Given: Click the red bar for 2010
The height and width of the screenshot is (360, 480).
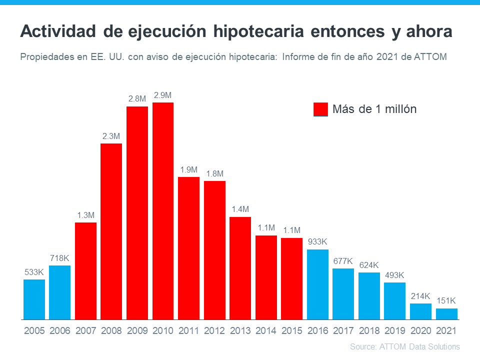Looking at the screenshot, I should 163,210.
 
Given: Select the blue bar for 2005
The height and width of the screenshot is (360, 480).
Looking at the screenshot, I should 34,299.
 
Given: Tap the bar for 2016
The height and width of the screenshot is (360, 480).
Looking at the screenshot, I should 317,284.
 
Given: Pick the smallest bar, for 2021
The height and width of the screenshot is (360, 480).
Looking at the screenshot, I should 446,313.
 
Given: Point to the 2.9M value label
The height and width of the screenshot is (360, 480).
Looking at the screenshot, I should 163,95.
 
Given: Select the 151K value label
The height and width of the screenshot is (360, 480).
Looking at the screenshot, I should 446,301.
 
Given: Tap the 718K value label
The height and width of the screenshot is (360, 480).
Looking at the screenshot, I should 59,258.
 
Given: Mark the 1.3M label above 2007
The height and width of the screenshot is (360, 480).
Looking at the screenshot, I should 85,215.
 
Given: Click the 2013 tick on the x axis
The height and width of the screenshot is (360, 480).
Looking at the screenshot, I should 240,330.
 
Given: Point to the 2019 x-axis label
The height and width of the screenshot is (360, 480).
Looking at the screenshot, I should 394,330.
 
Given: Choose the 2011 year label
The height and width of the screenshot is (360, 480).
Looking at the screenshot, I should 188,330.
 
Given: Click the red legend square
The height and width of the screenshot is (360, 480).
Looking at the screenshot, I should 320,109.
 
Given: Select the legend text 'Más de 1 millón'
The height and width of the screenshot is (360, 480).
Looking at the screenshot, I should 374,109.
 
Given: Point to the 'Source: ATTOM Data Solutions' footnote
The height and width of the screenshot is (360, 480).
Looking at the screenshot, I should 404,346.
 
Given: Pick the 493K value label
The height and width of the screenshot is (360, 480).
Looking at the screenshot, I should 394,275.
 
